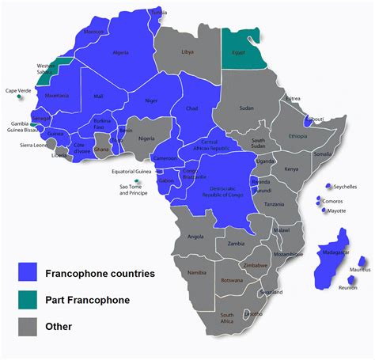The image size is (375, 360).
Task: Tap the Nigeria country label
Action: pyautogui.click(x=147, y=138)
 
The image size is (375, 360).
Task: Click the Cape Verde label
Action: pyautogui.click(x=19, y=91)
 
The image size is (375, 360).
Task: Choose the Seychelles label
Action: pyautogui.click(x=345, y=187)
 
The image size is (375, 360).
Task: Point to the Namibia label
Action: pyautogui.click(x=198, y=272)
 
